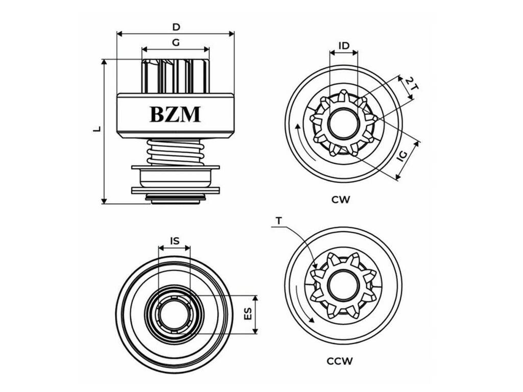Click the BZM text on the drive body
(x=175, y=114)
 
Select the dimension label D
(x=176, y=27)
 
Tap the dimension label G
(x=176, y=43)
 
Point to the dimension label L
(x=97, y=129)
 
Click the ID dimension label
(x=344, y=45)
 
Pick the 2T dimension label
(x=412, y=83)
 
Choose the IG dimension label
(x=402, y=156)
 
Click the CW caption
(x=341, y=200)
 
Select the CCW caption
(x=340, y=361)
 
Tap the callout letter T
(x=279, y=220)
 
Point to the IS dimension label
(x=175, y=241)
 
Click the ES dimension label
(x=248, y=314)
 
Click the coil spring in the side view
(x=176, y=152)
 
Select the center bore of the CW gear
(x=344, y=124)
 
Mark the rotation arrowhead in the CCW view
(x=312, y=320)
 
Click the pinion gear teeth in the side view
(x=176, y=77)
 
